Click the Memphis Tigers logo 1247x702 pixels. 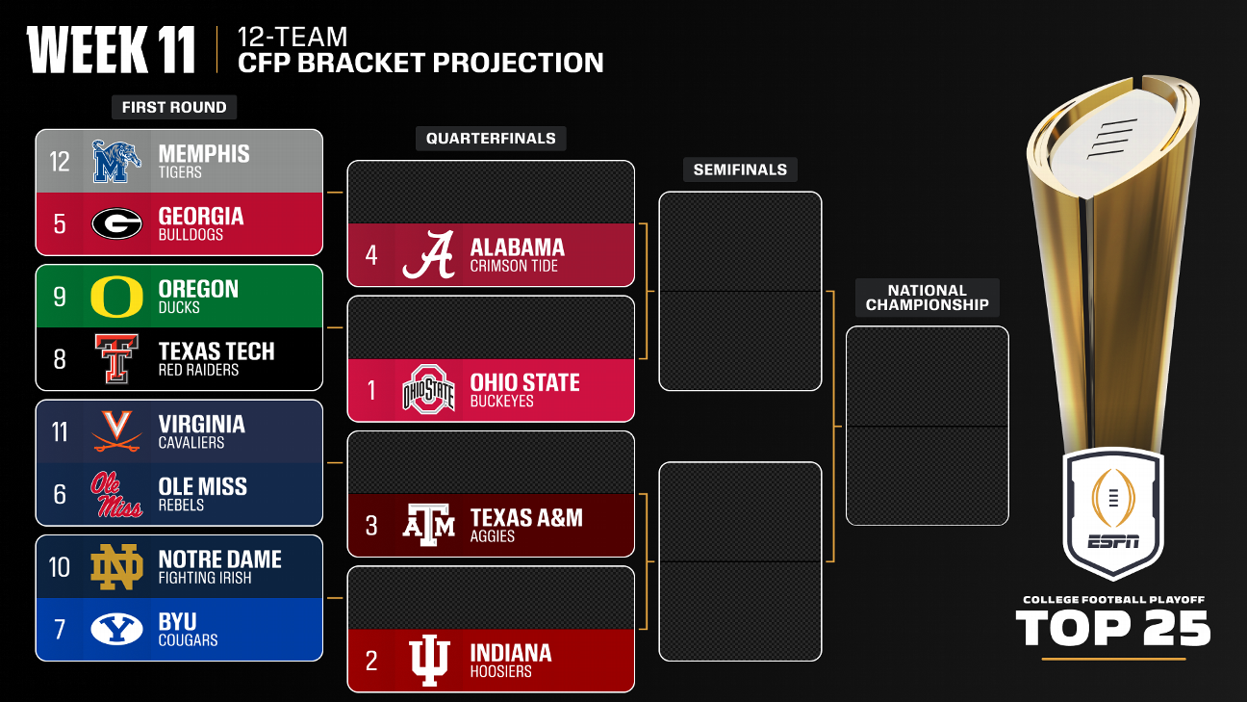click(x=116, y=161)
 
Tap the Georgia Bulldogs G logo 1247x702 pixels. click(x=116, y=223)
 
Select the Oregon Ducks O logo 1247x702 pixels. click(x=116, y=297)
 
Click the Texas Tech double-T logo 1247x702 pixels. click(x=116, y=359)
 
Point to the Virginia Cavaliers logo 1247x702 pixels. click(x=116, y=431)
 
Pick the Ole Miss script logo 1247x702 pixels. click(x=116, y=494)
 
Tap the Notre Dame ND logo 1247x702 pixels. click(x=116, y=567)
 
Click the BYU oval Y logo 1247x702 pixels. click(x=116, y=630)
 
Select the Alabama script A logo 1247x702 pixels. click(x=428, y=255)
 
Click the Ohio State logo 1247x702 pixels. click(x=428, y=390)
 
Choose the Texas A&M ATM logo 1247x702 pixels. click(x=428, y=526)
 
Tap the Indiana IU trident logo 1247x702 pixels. click(x=428, y=661)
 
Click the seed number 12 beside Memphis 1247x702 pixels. click(x=60, y=161)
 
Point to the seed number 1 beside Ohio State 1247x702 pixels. click(x=371, y=390)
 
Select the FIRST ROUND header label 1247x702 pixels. click(x=174, y=107)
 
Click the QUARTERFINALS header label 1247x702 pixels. click(x=491, y=139)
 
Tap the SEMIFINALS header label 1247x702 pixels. click(x=740, y=169)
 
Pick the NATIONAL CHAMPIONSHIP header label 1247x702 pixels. click(x=927, y=298)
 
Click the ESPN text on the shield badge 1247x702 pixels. click(x=1113, y=540)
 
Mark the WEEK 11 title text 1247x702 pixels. click(x=112, y=50)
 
